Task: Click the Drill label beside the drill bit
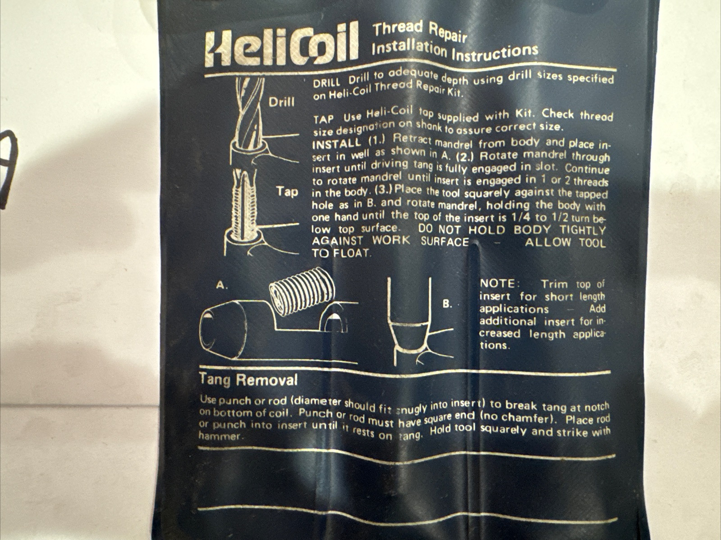pos(282,102)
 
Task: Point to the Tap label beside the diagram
pos(287,192)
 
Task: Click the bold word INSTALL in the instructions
pos(336,143)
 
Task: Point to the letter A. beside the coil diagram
pos(222,286)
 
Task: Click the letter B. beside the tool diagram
pos(447,304)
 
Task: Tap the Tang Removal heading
pos(248,381)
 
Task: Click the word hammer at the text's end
pos(221,437)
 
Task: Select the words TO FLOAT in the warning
pos(342,254)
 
